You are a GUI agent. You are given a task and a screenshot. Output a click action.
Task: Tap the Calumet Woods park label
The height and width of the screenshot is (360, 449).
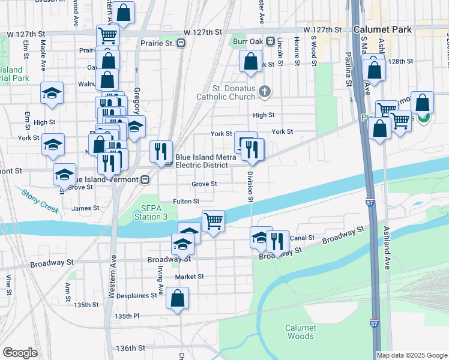[x=299, y=332]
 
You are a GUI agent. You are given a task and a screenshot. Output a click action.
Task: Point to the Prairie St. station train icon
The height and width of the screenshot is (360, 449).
[x=180, y=43]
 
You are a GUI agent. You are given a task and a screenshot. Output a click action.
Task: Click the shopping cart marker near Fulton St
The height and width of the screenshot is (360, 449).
[x=213, y=221]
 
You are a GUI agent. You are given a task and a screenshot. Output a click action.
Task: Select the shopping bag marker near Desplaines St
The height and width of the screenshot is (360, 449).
[x=178, y=298]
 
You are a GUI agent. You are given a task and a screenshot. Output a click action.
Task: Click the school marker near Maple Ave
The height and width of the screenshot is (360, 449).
[x=52, y=93]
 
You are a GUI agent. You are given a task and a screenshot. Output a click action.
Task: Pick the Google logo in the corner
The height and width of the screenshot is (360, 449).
[x=20, y=353]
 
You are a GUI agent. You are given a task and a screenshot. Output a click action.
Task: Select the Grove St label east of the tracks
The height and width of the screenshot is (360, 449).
[x=204, y=184]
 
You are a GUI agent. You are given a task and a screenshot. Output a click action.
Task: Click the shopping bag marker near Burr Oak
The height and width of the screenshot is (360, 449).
[x=250, y=61]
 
